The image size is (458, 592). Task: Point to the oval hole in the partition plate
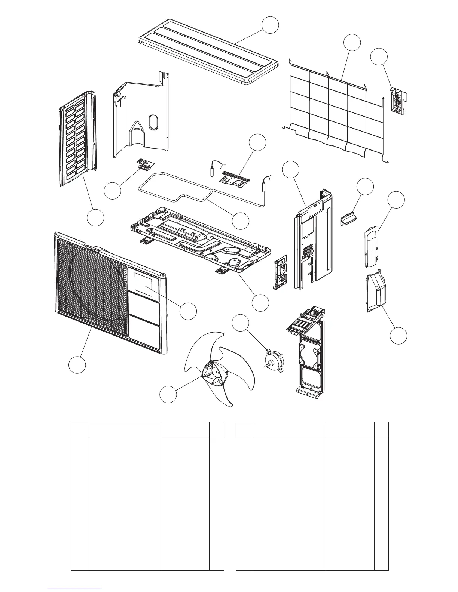click(x=153, y=122)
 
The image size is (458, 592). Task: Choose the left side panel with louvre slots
click(x=77, y=138)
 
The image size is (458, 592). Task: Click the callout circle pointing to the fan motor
click(x=241, y=324)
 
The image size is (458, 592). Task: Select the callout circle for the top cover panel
click(x=270, y=24)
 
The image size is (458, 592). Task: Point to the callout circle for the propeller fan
click(x=168, y=395)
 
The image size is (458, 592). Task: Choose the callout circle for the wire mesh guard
click(x=352, y=43)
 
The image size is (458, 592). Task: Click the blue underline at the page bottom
click(x=75, y=588)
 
